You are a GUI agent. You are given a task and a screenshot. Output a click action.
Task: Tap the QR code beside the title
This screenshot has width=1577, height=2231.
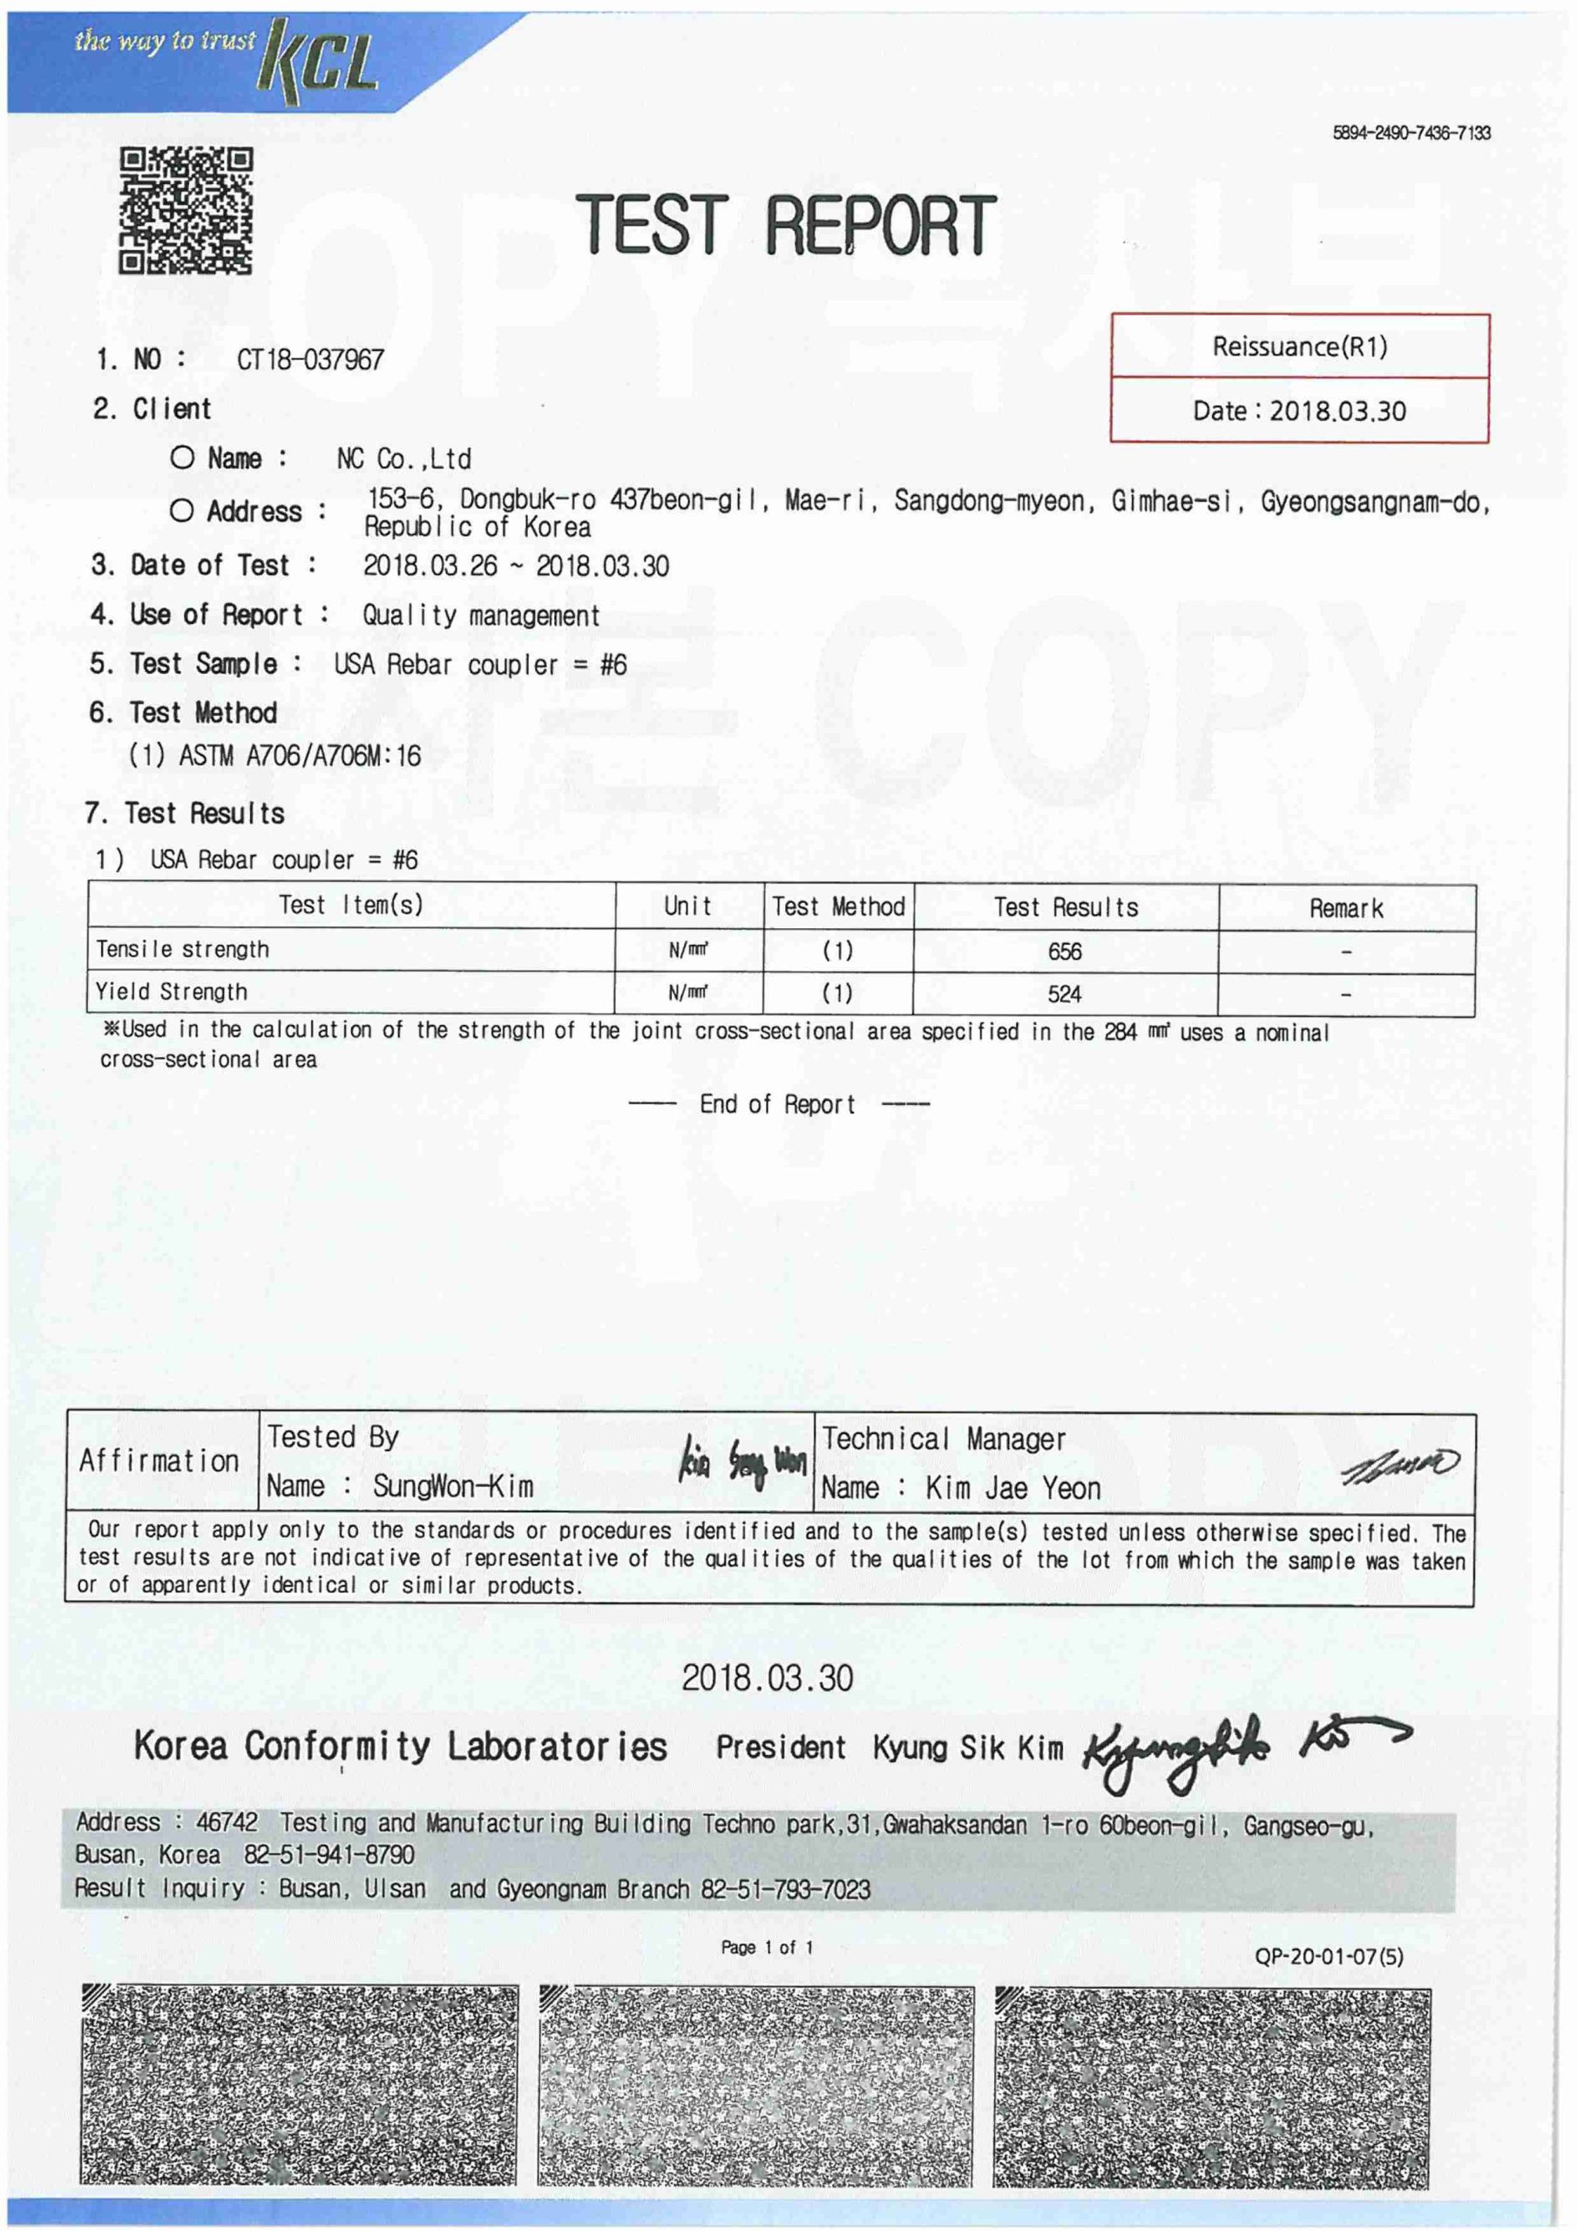tap(186, 210)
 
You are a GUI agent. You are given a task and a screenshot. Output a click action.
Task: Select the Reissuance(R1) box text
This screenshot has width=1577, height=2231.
tap(1299, 347)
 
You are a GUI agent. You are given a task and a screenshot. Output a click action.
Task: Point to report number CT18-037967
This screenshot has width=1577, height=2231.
tap(310, 361)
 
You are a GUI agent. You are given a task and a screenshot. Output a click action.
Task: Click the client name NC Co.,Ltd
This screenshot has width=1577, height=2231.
tap(403, 458)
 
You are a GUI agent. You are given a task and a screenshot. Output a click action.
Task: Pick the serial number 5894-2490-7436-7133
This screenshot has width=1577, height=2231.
tap(1411, 133)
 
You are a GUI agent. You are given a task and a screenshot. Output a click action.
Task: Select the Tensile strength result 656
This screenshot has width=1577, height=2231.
tap(1064, 952)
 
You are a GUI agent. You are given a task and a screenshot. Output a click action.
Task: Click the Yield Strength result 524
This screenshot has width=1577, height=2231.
tap(1064, 994)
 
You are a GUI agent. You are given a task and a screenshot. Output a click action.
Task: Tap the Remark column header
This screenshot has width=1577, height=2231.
tap(1346, 909)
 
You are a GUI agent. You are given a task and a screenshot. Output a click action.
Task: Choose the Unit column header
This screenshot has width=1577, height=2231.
tap(688, 906)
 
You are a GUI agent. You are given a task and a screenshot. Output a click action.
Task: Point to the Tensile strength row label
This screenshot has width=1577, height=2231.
tap(183, 949)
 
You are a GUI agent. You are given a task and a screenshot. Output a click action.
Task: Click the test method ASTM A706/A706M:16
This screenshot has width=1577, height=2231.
tap(299, 756)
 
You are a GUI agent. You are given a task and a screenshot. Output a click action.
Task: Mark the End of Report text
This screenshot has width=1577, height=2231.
tap(777, 1105)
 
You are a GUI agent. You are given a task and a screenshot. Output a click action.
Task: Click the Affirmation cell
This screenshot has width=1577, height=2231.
tap(159, 1461)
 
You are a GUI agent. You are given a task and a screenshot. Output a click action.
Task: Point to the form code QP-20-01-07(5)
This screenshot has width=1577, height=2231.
tap(1329, 1956)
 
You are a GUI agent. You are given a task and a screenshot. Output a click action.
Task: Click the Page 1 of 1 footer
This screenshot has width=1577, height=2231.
tap(767, 1947)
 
